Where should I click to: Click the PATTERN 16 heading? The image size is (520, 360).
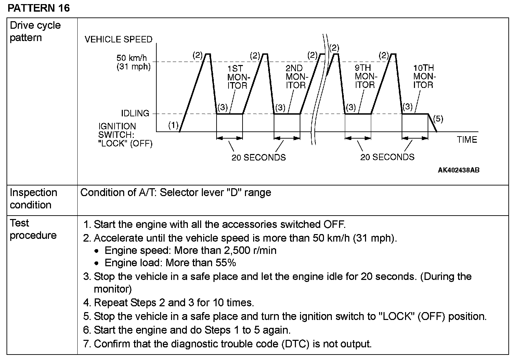pyautogui.click(x=38, y=8)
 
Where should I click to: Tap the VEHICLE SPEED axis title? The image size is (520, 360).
pyautogui.click(x=118, y=39)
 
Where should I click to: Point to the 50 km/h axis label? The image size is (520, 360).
pyautogui.click(x=132, y=58)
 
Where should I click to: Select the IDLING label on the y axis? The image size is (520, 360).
pyautogui.click(x=135, y=113)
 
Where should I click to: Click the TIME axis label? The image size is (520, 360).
pyautogui.click(x=467, y=140)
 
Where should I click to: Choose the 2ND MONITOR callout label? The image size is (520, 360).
pyautogui.click(x=296, y=77)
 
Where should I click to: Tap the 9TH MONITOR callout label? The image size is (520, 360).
pyautogui.click(x=365, y=76)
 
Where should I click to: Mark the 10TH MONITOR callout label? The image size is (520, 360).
pyautogui.click(x=424, y=76)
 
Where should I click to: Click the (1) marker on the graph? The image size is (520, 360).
pyautogui.click(x=173, y=126)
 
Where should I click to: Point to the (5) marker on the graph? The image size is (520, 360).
pyautogui.click(x=438, y=119)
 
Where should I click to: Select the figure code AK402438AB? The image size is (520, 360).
pyautogui.click(x=458, y=170)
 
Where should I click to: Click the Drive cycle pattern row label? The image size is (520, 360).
pyautogui.click(x=35, y=31)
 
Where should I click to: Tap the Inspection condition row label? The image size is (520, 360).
pyautogui.click(x=33, y=198)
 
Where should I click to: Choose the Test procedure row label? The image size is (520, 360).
pyautogui.click(x=33, y=229)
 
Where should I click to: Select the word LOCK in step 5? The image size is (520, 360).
pyautogui.click(x=395, y=316)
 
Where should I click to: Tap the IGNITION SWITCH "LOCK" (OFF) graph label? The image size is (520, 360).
pyautogui.click(x=125, y=135)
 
